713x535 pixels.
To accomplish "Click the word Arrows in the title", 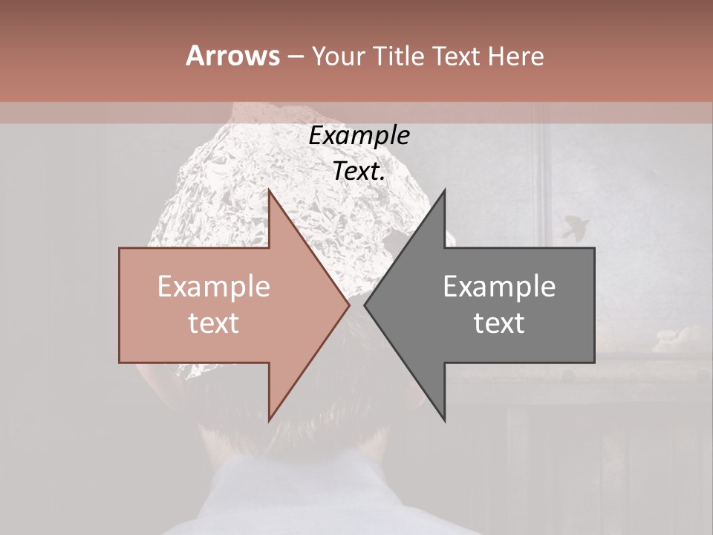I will pyautogui.click(x=232, y=56).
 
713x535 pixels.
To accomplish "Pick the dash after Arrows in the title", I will pyautogui.click(x=295, y=56).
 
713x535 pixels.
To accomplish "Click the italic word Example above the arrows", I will pyautogui.click(x=359, y=136).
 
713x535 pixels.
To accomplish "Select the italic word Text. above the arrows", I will pyautogui.click(x=359, y=171).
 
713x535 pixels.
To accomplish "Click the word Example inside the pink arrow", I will pyautogui.click(x=214, y=287).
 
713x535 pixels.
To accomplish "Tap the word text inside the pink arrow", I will pyautogui.click(x=214, y=322).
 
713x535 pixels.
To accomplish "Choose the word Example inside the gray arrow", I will pyautogui.click(x=499, y=287).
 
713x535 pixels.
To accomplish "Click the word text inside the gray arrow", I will pyautogui.click(x=499, y=322).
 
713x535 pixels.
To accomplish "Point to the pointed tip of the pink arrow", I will pyautogui.click(x=348, y=305).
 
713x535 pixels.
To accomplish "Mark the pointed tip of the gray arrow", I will pyautogui.click(x=365, y=305).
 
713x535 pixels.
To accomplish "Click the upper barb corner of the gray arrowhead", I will pyautogui.click(x=445, y=190).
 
